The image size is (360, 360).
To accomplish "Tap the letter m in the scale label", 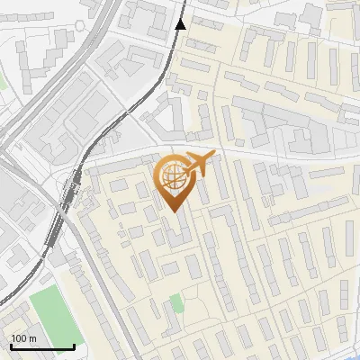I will coord(32,337).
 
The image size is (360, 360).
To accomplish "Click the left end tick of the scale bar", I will coord(11,345).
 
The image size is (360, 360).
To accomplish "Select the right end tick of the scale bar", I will coord(74,345).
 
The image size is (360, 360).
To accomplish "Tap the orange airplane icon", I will coord(196,165).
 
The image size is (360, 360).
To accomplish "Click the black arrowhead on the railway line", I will coord(181,23).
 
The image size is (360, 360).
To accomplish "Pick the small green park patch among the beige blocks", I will coord(177,303).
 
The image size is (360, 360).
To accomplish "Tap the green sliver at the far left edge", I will coord(3,81).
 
